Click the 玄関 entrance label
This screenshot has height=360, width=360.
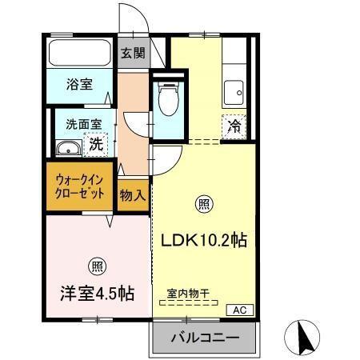pos(134,54)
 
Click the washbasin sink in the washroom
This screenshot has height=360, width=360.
pos(69,147)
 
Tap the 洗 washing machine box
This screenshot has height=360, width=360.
pos(95,145)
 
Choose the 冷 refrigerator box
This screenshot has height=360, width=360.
pos(234,126)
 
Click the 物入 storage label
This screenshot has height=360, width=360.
pos(133,194)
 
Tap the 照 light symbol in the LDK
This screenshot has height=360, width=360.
pos(204,205)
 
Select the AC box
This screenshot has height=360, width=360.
pos(239,309)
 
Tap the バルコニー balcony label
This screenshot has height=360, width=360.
pos(204,339)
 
